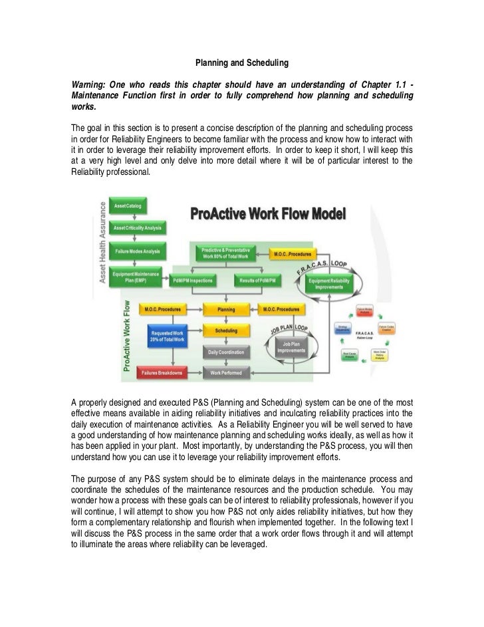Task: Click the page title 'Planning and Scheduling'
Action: point(241,64)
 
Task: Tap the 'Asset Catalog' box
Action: point(131,205)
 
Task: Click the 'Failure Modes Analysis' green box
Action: point(139,252)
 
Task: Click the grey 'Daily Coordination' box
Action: point(226,351)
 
